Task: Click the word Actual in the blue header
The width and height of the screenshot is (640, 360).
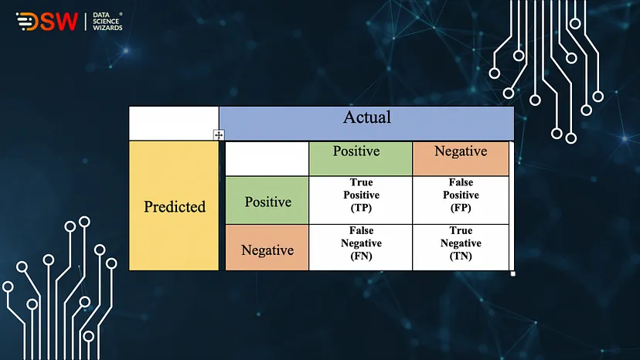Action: [x=367, y=117]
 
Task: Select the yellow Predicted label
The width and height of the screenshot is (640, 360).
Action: [x=175, y=206]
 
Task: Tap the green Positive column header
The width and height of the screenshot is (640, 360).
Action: [x=356, y=151]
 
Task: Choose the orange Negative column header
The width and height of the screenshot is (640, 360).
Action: [x=461, y=151]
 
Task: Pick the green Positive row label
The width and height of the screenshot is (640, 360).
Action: [x=268, y=202]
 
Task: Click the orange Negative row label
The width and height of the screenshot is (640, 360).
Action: [x=267, y=250]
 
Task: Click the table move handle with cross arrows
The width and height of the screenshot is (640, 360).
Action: [x=219, y=134]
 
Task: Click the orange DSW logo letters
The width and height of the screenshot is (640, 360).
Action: [x=47, y=21]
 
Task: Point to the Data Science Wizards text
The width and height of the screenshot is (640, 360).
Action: [x=107, y=21]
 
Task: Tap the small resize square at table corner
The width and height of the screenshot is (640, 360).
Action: [x=513, y=274]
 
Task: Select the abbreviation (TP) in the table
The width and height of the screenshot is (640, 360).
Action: [x=361, y=208]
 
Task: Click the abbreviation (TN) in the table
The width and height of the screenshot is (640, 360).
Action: [x=461, y=256]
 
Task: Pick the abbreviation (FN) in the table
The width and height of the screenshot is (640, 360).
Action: [x=361, y=256]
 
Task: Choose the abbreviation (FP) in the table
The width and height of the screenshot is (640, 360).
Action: [x=461, y=208]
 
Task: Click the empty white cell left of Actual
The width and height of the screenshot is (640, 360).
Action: [x=174, y=124]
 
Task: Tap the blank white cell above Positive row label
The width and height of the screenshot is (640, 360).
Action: [x=267, y=159]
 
